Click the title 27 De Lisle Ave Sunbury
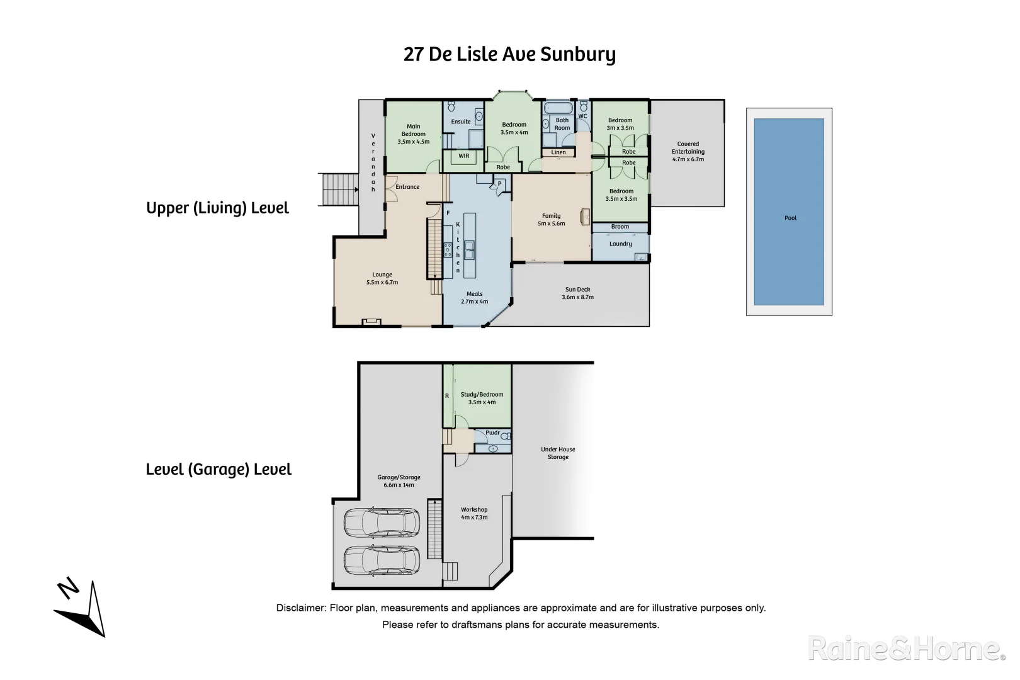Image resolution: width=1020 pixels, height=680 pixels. click(x=509, y=54)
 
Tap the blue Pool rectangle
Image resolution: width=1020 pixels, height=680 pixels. click(x=789, y=212)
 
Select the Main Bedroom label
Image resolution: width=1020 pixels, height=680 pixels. click(x=413, y=133)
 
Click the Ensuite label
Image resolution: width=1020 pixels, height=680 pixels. click(x=460, y=122)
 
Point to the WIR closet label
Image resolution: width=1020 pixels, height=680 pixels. click(x=463, y=156)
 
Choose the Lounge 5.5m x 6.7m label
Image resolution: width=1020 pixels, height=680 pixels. click(x=382, y=278)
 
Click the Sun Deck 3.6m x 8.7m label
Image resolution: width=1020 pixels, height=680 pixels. click(x=577, y=293)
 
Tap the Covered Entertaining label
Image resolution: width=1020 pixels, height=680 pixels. click(x=688, y=151)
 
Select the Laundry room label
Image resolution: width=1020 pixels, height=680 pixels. click(x=620, y=244)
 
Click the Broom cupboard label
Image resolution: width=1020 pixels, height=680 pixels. click(x=620, y=227)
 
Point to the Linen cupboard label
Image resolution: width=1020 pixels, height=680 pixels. click(x=558, y=152)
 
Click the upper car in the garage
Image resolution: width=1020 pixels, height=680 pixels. click(x=382, y=522)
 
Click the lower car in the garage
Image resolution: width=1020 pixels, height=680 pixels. click(x=382, y=560)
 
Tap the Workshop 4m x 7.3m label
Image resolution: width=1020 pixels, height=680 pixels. click(x=474, y=513)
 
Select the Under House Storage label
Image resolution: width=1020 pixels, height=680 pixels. click(x=558, y=453)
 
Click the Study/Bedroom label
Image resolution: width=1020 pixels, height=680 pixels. click(x=482, y=398)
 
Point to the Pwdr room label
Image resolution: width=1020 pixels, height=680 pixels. click(x=492, y=433)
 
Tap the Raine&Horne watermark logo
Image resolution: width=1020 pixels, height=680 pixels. click(x=905, y=649)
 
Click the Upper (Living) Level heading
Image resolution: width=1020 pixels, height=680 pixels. click(x=217, y=208)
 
